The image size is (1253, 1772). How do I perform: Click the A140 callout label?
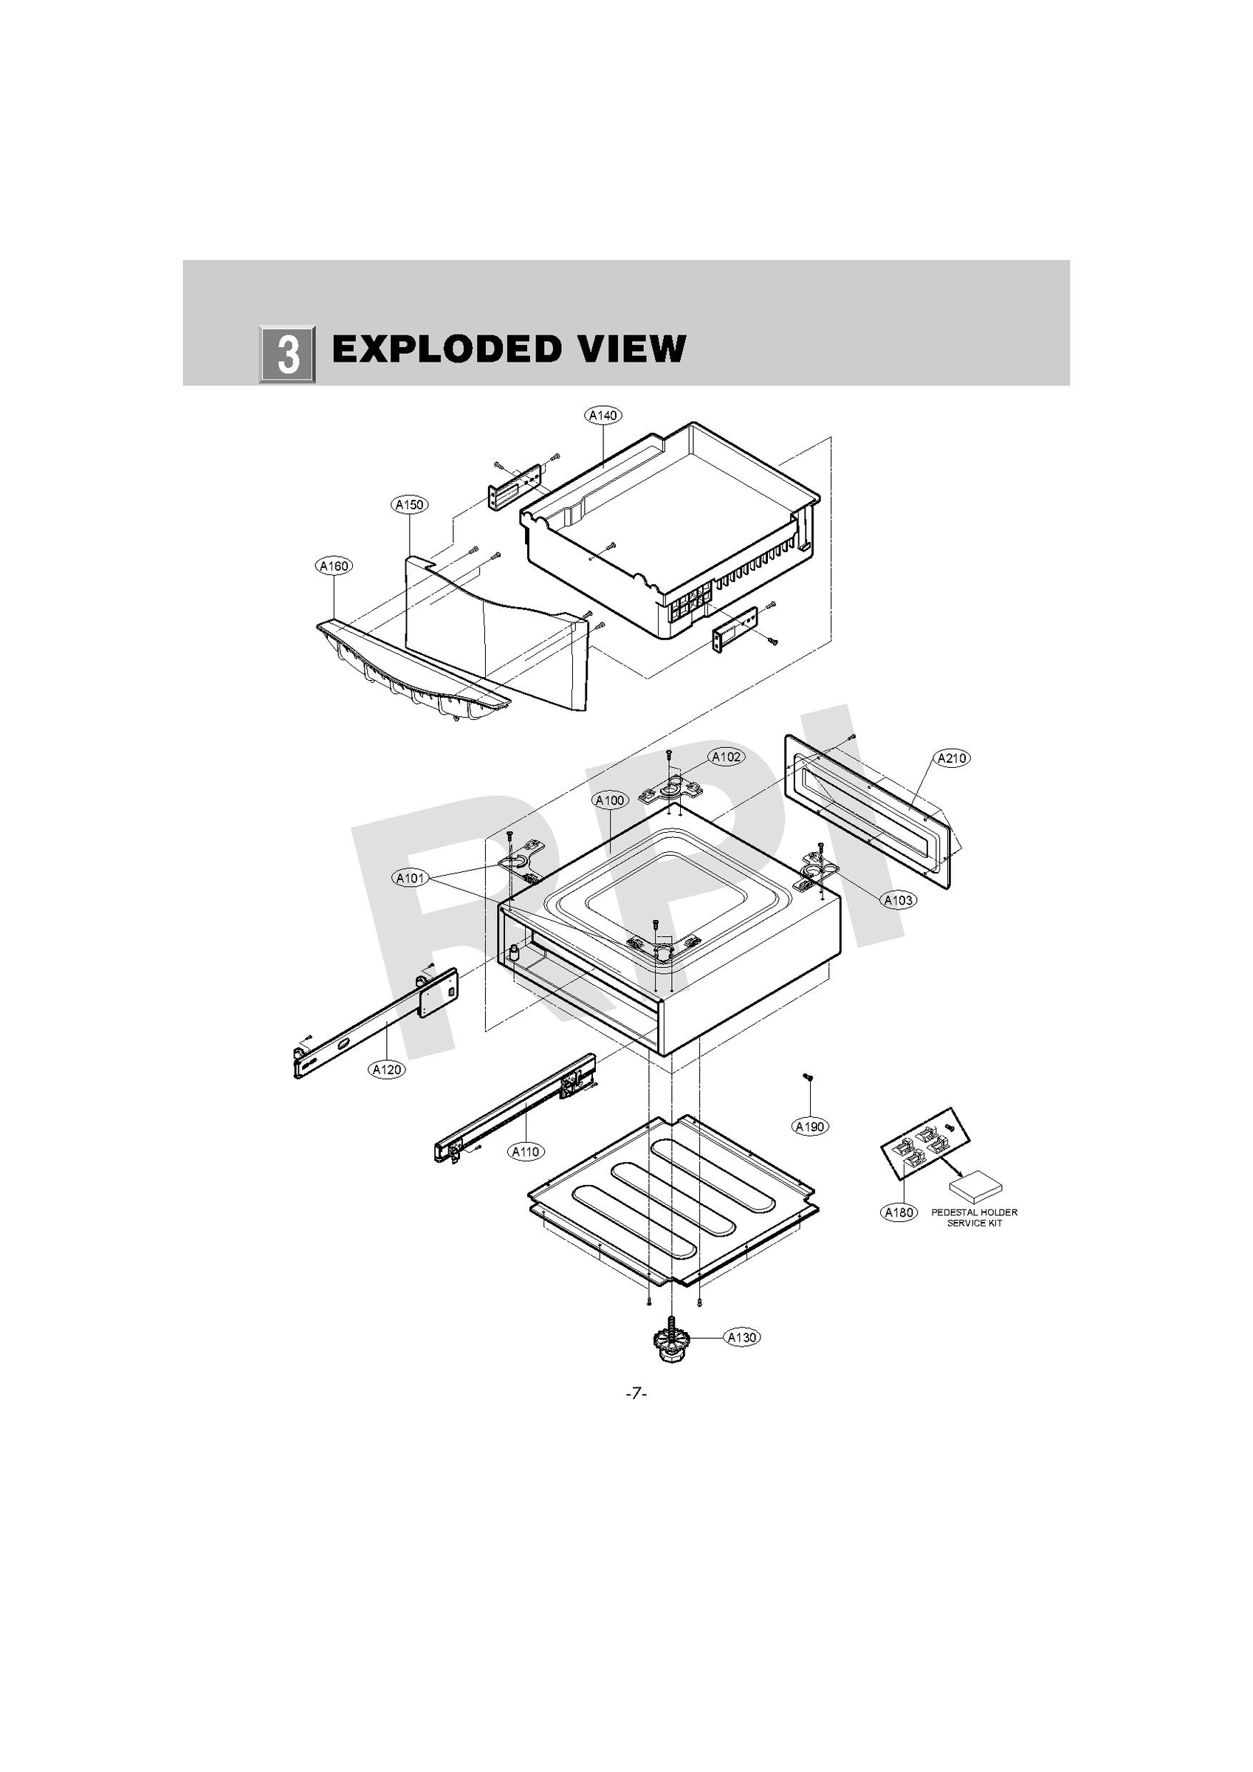tap(603, 415)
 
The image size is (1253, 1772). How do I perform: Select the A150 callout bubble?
tap(409, 505)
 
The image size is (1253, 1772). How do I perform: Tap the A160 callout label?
tap(334, 566)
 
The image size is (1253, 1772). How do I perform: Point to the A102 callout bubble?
tap(727, 757)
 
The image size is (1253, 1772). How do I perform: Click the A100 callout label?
tap(610, 800)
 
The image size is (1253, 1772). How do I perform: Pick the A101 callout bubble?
tap(411, 879)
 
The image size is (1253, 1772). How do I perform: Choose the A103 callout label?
tap(898, 900)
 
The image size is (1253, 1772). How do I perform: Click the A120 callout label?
tap(387, 1069)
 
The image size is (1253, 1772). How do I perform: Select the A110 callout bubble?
tap(526, 1152)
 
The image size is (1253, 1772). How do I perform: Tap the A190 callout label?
tap(811, 1127)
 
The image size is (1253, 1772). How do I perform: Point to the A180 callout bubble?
tap(899, 1212)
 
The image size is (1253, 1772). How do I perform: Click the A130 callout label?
tap(742, 1337)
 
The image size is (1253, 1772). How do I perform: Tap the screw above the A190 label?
tap(808, 1077)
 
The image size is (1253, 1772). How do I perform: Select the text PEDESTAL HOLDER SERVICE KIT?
tap(975, 1217)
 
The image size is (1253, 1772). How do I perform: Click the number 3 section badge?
tap(287, 354)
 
